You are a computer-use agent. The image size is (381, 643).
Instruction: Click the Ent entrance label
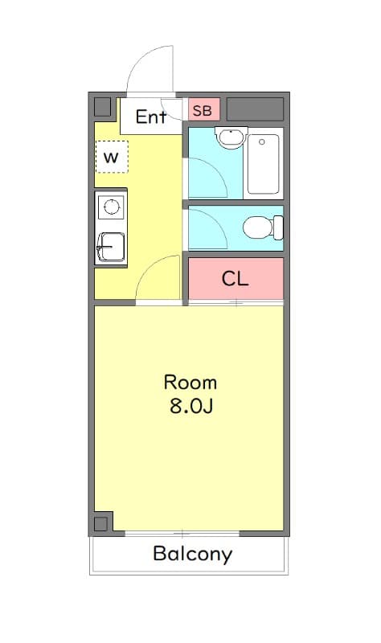[150, 117]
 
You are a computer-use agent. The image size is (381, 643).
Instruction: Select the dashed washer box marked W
[111, 157]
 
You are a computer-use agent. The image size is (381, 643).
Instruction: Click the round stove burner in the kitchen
[111, 208]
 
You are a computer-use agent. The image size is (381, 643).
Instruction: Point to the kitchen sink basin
[110, 247]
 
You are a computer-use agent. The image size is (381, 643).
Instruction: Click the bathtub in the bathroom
[263, 164]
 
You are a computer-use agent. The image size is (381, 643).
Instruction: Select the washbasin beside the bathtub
[230, 138]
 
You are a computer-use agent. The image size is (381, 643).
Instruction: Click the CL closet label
[236, 279]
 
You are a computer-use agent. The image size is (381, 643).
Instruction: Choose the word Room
[190, 382]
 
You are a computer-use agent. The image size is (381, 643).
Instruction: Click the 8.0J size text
[190, 406]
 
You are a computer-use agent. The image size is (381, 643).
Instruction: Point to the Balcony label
[192, 554]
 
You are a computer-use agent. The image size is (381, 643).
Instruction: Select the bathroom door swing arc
[206, 177]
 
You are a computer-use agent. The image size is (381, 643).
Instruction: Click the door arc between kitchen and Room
[158, 277]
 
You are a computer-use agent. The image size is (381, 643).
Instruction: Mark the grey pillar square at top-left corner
[102, 107]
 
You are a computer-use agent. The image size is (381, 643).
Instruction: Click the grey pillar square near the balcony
[100, 524]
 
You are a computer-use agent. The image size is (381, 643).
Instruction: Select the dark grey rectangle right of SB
[255, 109]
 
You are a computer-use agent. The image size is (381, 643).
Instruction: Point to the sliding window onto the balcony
[182, 534]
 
